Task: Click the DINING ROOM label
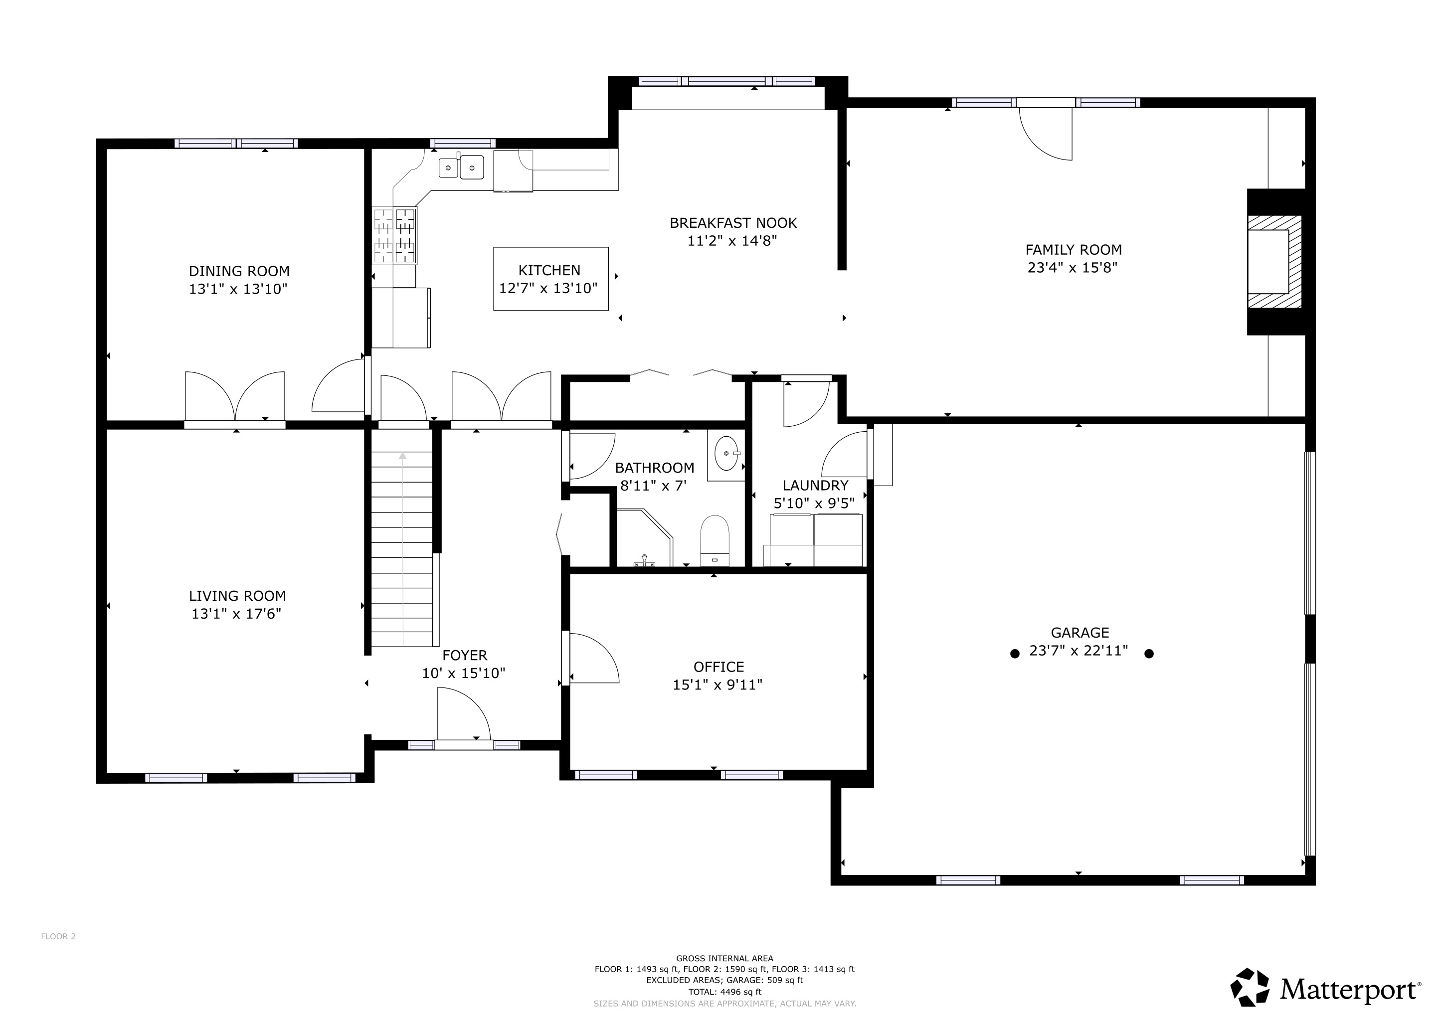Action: [x=239, y=271]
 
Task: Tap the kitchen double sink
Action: [x=462, y=167]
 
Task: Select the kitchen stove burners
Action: [x=395, y=235]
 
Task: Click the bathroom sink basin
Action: [x=726, y=453]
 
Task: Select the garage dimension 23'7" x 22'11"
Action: [x=1079, y=651]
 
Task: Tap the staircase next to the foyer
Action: [x=402, y=547]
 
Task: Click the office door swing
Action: [x=593, y=658]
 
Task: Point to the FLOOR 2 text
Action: [x=58, y=936]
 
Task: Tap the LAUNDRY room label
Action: [x=815, y=486]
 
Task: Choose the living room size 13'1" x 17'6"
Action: [x=236, y=614]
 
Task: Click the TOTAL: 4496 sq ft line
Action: [x=724, y=992]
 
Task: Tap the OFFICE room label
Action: [x=718, y=667]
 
